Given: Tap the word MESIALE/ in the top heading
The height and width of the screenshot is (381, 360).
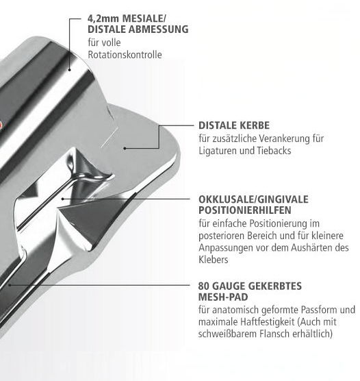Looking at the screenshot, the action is (144, 19).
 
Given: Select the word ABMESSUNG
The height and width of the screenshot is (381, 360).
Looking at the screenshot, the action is (159, 29).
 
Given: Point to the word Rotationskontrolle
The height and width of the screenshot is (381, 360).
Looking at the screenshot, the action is (125, 55).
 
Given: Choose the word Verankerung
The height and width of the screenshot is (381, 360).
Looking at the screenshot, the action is (283, 138).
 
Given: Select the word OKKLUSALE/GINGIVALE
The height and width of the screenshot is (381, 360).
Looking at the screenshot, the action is (253, 199).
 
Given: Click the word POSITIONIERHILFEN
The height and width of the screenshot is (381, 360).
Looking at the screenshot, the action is (245, 210).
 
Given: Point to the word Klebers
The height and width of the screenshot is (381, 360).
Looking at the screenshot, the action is (214, 260).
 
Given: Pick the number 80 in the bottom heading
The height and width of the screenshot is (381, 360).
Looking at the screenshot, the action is (204, 286).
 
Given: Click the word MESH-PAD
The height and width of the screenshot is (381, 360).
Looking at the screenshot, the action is (223, 297).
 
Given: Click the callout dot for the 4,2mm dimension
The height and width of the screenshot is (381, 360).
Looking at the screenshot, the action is (69, 70).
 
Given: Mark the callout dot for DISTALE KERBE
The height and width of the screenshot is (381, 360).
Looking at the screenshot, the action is (125, 148).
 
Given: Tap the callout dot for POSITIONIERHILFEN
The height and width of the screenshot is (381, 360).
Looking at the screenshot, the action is (63, 199).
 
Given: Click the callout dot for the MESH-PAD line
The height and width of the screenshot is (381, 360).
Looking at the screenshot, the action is (10, 285).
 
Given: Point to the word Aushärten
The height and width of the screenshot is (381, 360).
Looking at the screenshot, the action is (311, 247).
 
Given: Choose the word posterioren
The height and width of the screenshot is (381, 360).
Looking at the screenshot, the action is (222, 236).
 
